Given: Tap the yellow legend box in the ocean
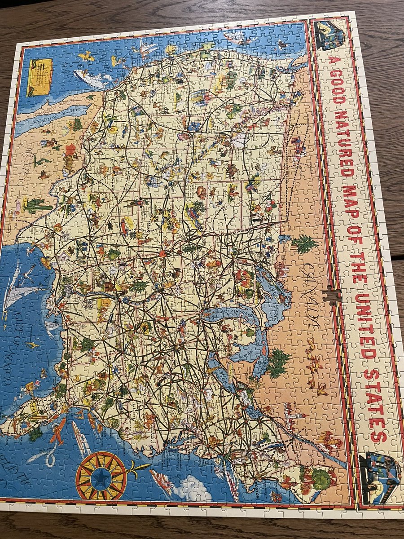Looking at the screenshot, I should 40,77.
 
